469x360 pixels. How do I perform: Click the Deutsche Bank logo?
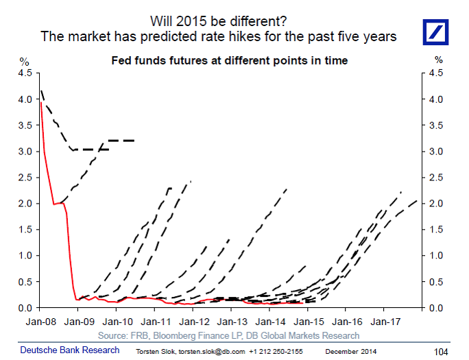click(x=435, y=32)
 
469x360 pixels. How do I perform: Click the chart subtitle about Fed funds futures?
click(x=230, y=61)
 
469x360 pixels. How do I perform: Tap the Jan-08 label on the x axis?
click(x=41, y=322)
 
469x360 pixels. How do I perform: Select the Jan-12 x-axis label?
click(x=195, y=322)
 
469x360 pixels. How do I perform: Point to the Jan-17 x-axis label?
click(x=385, y=322)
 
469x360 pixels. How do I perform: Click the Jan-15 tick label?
click(x=309, y=322)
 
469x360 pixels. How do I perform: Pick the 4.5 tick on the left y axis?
click(x=25, y=73)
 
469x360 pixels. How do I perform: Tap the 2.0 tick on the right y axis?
click(x=436, y=204)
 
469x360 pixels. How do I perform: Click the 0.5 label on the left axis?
click(x=25, y=282)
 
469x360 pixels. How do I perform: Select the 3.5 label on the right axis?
click(x=436, y=125)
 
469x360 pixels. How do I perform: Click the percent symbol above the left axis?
click(x=24, y=62)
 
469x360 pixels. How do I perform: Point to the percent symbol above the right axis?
click(x=439, y=60)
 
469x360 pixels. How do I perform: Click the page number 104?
click(x=441, y=352)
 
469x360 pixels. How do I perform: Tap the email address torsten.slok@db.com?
click(x=212, y=352)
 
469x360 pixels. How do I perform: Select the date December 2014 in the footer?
click(x=351, y=352)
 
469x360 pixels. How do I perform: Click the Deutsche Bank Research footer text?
click(x=70, y=350)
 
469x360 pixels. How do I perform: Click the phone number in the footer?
click(x=276, y=352)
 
